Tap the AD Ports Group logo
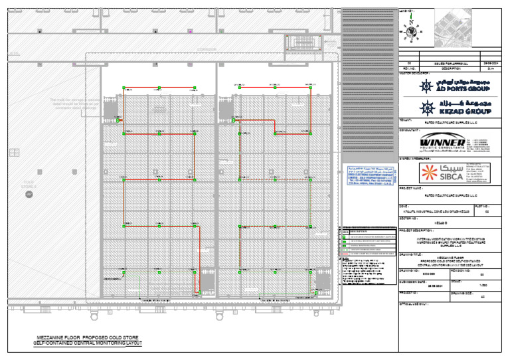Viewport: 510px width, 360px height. coord(455,85)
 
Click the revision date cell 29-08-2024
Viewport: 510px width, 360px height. coord(491,63)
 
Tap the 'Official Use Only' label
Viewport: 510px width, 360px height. coord(413,304)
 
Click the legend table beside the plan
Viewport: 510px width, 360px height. coord(369,243)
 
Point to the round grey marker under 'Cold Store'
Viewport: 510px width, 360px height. coord(29,193)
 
